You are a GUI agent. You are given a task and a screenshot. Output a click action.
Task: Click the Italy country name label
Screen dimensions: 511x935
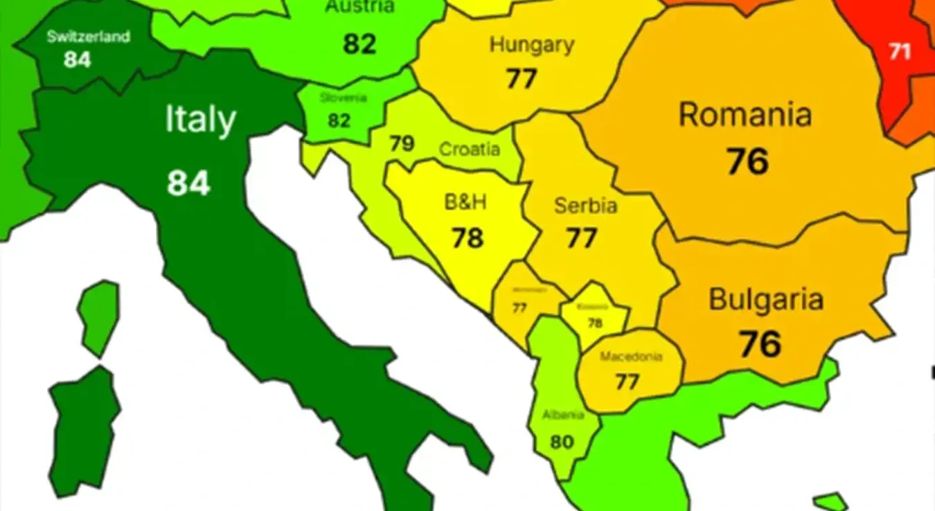tap(200, 120)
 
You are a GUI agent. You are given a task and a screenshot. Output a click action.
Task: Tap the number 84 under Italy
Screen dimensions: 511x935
tap(188, 183)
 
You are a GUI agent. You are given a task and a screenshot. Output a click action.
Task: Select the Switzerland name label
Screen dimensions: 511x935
tap(88, 37)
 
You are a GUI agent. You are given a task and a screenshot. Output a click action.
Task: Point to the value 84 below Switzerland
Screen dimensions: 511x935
tap(78, 60)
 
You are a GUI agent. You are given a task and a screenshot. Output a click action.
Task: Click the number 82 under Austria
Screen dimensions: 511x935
tap(359, 44)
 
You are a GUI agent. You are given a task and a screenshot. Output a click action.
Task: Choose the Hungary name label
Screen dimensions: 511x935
tap(532, 45)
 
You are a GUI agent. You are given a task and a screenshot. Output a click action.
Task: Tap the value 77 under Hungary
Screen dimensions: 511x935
tap(521, 78)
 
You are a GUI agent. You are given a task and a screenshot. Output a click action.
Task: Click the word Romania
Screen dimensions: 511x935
tap(745, 114)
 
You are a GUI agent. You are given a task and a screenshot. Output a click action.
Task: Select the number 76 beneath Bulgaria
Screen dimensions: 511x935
tap(760, 344)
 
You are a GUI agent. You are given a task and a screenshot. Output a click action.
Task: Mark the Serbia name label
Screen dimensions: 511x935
tap(585, 206)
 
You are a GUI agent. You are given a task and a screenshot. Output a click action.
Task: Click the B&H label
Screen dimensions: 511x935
tap(465, 202)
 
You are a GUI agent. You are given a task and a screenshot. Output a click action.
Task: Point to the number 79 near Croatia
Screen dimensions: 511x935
tap(402, 143)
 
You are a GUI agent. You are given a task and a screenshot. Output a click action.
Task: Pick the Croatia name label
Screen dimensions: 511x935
tap(470, 149)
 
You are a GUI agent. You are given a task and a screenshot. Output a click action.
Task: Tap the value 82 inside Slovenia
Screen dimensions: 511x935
tap(339, 120)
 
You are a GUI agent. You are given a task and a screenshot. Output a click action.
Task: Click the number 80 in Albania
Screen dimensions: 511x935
tap(562, 441)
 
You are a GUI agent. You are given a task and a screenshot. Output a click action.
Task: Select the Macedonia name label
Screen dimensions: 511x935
tap(631, 357)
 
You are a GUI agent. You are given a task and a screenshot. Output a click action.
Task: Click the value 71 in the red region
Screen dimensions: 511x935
tap(900, 51)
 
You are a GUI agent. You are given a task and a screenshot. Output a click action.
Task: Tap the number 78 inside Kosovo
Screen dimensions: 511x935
tap(595, 323)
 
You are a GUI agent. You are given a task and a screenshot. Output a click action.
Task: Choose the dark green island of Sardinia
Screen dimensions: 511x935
tap(83, 429)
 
